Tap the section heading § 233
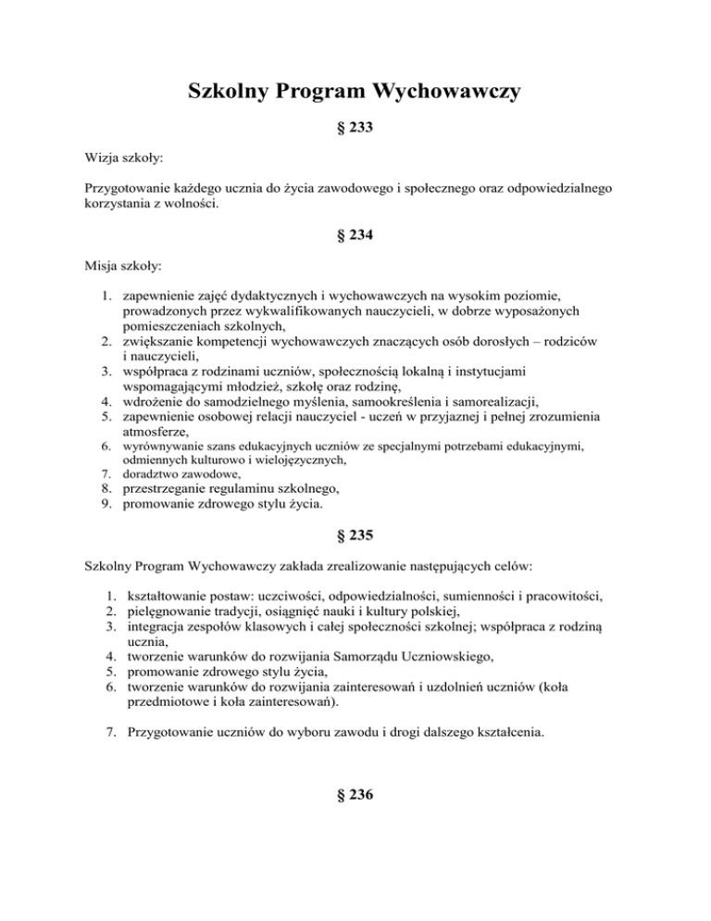click(x=355, y=131)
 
